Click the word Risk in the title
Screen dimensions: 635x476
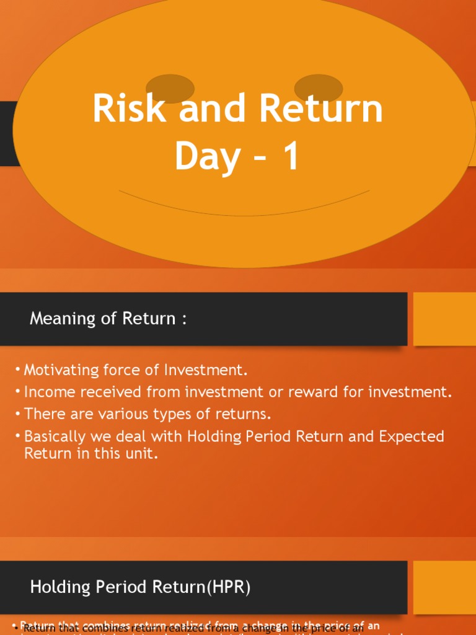(130, 109)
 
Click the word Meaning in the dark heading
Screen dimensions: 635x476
(58, 319)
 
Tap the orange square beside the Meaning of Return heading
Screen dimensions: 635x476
(444, 319)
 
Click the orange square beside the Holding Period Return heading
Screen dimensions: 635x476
(444, 587)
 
